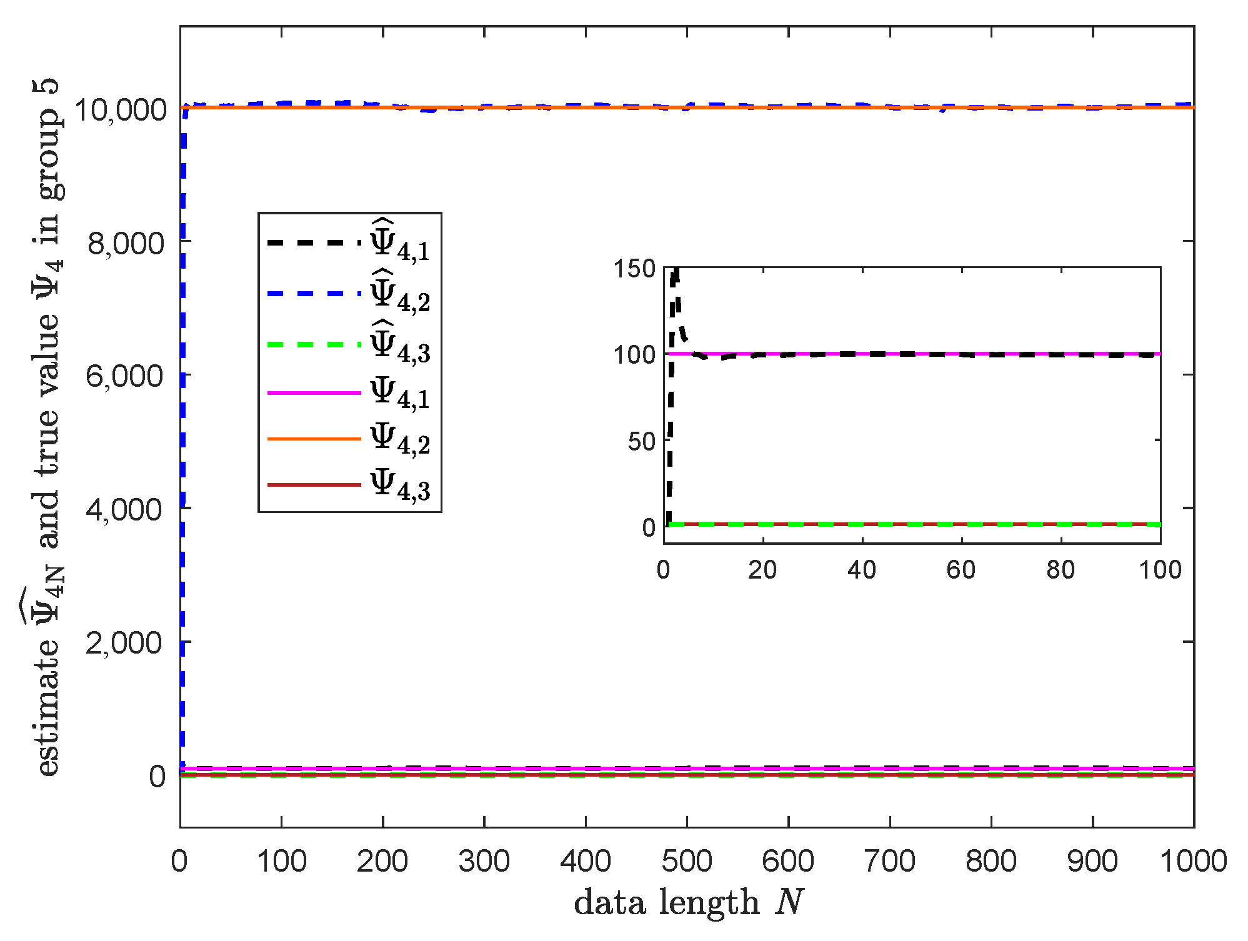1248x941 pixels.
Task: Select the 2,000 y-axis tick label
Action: [124, 642]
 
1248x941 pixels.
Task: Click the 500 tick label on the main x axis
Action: [687, 861]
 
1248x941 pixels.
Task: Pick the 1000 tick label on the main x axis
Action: [1193, 861]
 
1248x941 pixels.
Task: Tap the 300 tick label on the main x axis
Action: [484, 861]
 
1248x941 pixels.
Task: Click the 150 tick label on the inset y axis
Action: [634, 269]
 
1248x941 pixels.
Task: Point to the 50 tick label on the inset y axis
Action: [641, 442]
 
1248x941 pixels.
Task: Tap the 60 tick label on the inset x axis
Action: [961, 570]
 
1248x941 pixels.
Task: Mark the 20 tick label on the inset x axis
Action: [762, 570]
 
